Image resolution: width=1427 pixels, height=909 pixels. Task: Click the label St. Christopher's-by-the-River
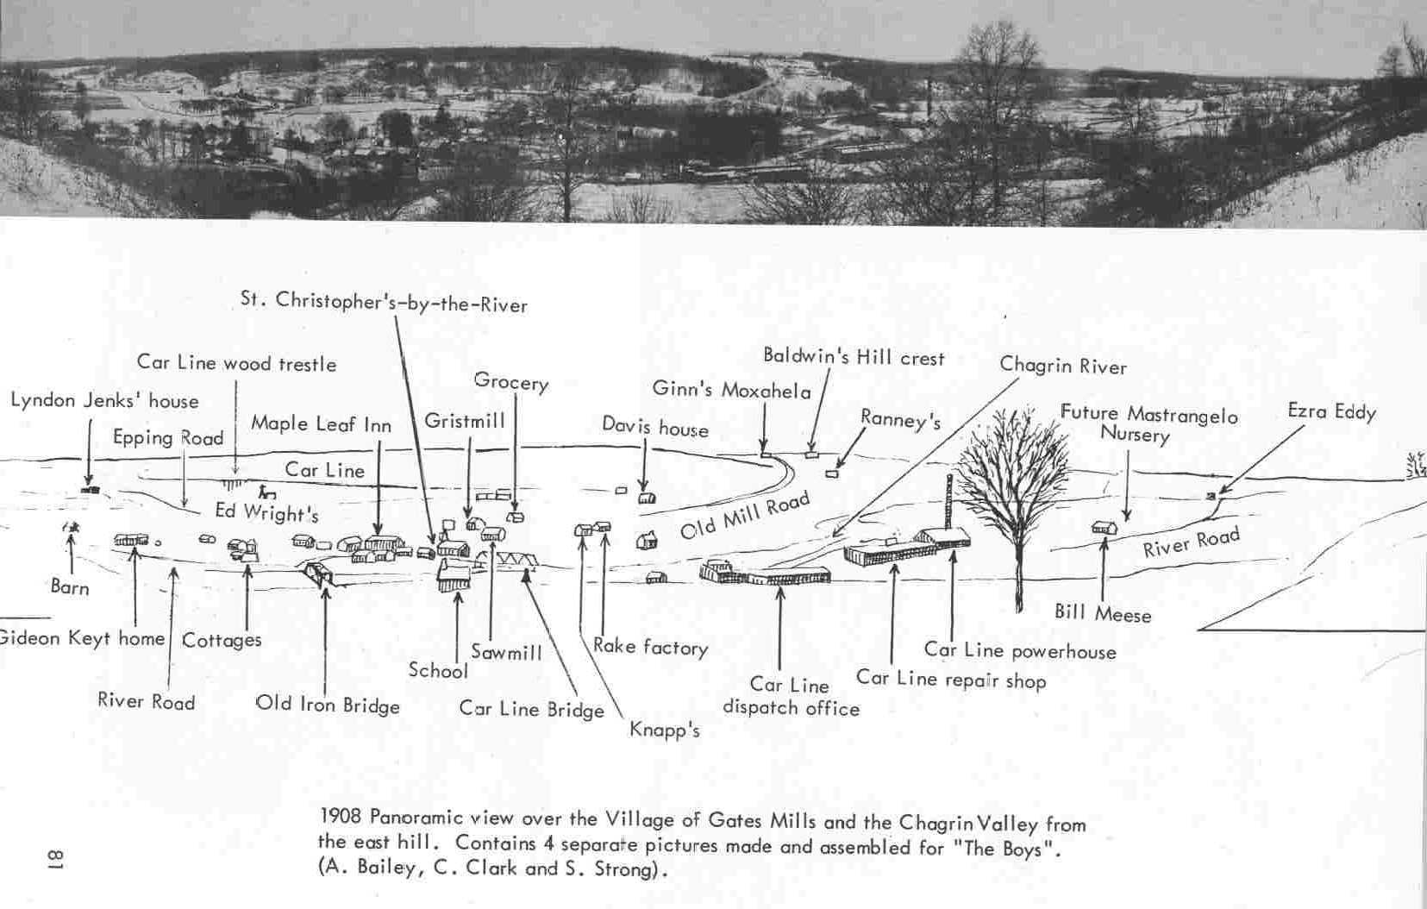[x=384, y=303]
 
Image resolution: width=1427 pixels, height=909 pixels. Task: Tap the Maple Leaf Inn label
[x=321, y=424]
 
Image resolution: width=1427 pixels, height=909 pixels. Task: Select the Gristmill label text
[x=464, y=421]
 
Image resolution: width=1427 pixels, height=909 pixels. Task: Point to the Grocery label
[x=510, y=381]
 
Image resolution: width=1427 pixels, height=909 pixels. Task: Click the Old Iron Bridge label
[x=328, y=705]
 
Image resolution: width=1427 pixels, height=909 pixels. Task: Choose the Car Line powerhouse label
[x=1019, y=650]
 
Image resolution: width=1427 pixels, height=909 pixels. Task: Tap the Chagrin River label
[x=1062, y=366]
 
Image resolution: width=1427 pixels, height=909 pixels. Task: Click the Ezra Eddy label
[x=1331, y=411]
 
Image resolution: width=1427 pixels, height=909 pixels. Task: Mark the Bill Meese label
[x=1103, y=614]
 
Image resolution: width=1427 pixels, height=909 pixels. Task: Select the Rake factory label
[x=650, y=647]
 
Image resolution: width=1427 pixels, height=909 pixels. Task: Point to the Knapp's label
[x=664, y=730]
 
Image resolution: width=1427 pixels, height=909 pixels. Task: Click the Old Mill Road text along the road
[x=745, y=515]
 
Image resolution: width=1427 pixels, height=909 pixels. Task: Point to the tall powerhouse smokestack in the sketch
[x=949, y=501]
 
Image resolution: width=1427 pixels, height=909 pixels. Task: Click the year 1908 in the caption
[x=338, y=817]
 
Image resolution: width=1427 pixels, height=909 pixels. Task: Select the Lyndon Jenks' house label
[x=104, y=401]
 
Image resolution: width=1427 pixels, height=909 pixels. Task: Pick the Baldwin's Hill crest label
[x=854, y=357]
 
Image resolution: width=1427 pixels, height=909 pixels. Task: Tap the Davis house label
[x=654, y=427]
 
